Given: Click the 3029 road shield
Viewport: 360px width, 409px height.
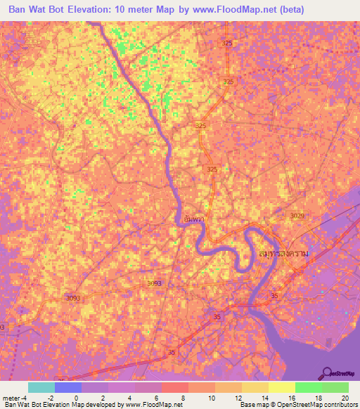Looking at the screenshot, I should pyautogui.click(x=297, y=216).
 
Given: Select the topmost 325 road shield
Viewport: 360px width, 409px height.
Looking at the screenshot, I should pyautogui.click(x=226, y=44).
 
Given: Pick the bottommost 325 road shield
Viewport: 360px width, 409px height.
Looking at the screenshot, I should pyautogui.click(x=212, y=169).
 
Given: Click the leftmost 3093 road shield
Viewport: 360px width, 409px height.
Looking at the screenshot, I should pyautogui.click(x=72, y=298).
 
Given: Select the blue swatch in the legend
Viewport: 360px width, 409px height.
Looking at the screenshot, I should pyautogui.click(x=68, y=387).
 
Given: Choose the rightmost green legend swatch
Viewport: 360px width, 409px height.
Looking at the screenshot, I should pyautogui.click(x=335, y=387).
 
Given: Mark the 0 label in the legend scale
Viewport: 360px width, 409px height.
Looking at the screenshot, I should pyautogui.click(x=75, y=398).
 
